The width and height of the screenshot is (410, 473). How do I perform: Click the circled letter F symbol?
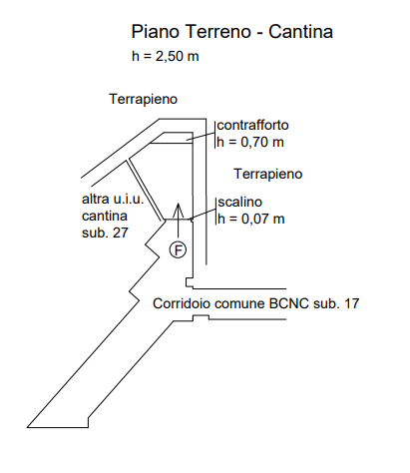click(178, 249)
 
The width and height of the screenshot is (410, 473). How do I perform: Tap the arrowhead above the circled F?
click(179, 209)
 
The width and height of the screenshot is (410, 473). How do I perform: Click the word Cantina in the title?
click(300, 32)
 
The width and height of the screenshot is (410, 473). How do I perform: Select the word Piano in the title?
click(156, 32)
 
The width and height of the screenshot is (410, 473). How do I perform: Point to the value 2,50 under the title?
click(170, 56)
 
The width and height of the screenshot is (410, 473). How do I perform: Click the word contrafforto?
click(252, 126)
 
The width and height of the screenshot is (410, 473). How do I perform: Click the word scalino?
click(240, 202)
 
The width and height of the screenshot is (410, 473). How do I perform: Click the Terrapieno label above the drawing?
click(144, 99)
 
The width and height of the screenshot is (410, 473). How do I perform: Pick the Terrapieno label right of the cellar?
click(268, 174)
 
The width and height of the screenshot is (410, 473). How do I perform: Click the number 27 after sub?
click(121, 233)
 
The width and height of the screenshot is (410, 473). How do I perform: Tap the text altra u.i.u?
click(113, 199)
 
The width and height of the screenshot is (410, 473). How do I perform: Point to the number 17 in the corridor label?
click(352, 303)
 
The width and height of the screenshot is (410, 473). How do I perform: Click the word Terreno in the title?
click(218, 32)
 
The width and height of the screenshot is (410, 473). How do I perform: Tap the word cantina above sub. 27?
click(105, 216)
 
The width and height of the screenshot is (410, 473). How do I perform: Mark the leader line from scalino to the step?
click(204, 214)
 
